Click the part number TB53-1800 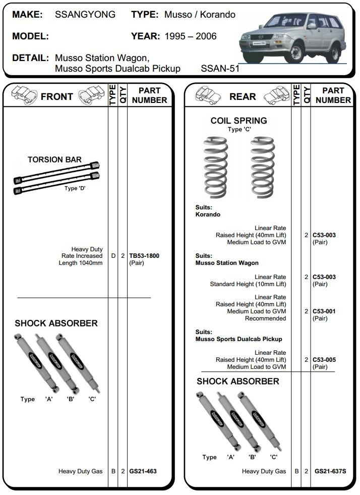[144, 256]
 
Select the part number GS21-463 [143, 471]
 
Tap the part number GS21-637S [330, 471]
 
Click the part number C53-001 [324, 311]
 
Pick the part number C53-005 [324, 360]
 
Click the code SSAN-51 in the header [220, 69]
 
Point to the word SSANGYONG [85, 15]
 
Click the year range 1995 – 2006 [191, 36]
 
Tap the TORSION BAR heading [54, 160]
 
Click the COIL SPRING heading [238, 121]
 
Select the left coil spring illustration [216, 168]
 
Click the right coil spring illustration [262, 168]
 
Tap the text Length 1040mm [81, 263]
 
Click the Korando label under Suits [208, 214]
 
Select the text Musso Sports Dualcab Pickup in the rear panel [238, 339]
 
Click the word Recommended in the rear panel [265, 318]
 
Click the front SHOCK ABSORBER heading [56, 323]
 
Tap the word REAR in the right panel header [243, 96]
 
